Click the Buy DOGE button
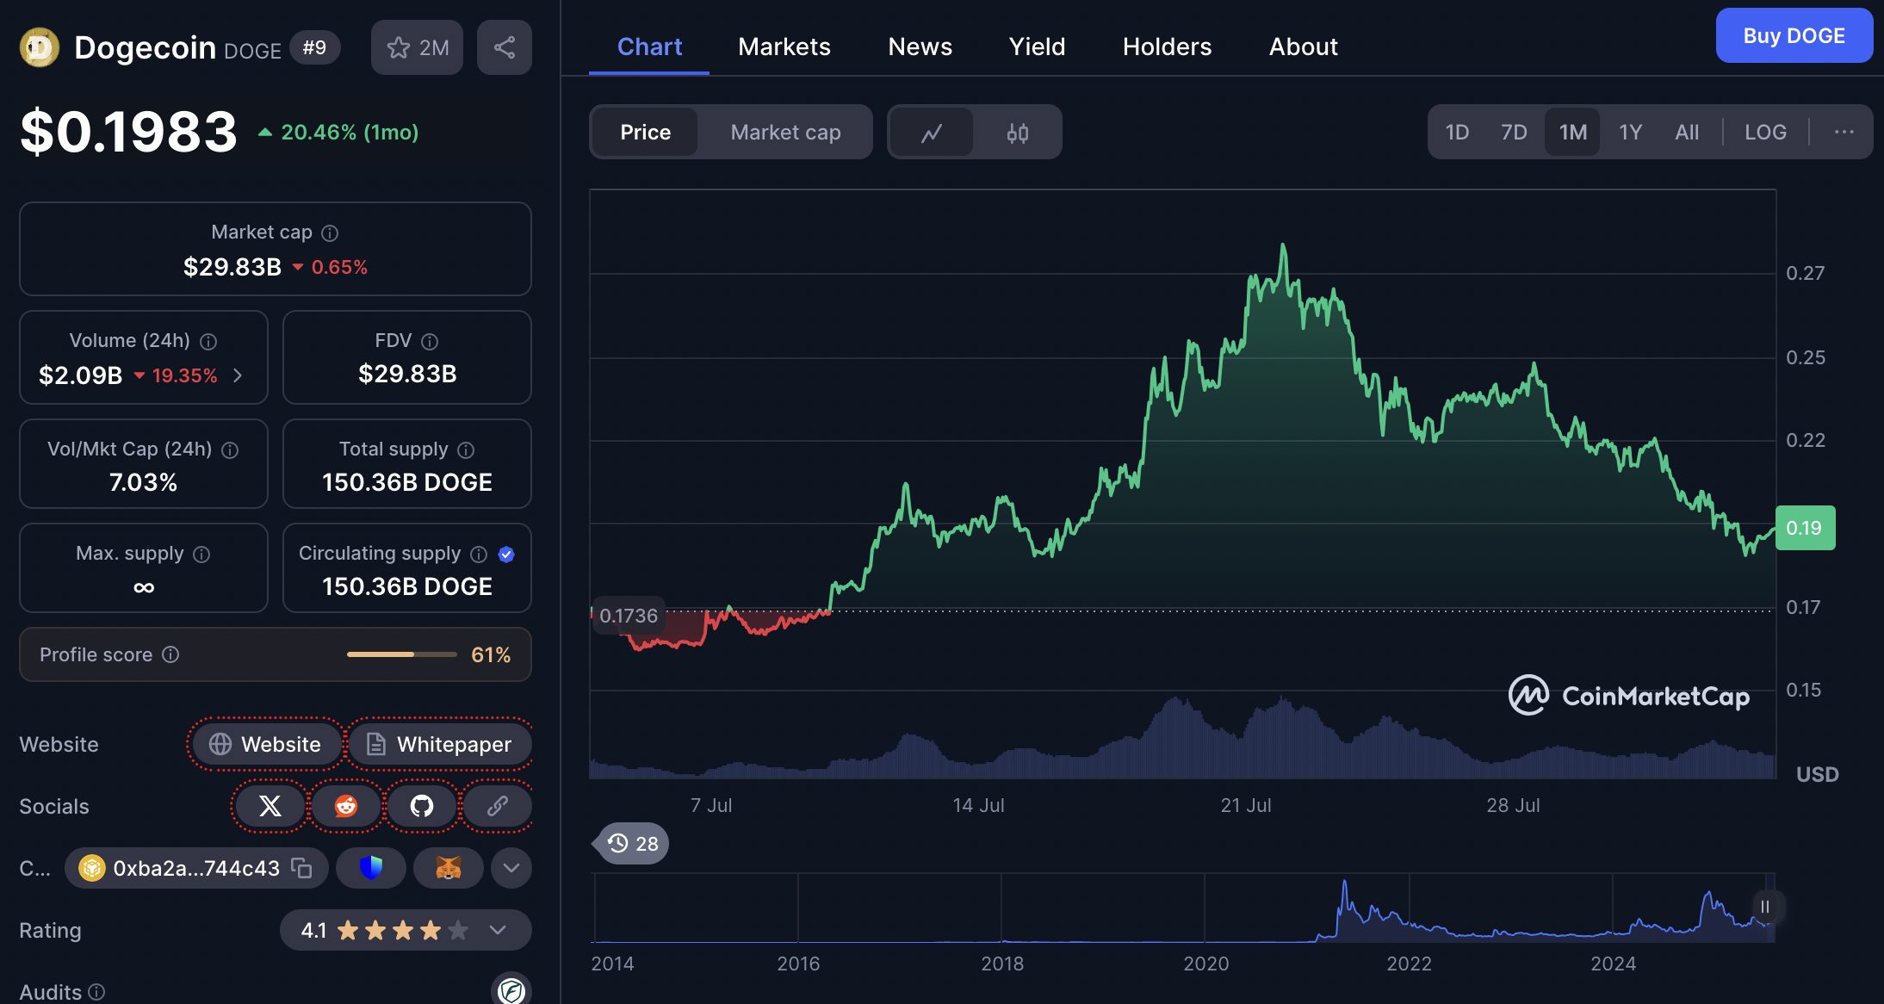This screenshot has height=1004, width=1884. (1794, 36)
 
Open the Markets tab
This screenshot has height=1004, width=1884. (784, 46)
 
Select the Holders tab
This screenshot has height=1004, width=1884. (1167, 46)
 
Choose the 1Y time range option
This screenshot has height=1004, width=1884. (1630, 132)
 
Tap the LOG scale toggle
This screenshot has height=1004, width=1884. (1765, 132)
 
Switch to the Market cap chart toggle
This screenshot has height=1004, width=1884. (785, 132)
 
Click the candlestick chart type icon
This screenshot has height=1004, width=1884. (1017, 133)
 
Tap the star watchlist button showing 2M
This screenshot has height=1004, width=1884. (418, 47)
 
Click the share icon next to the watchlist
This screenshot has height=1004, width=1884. (505, 47)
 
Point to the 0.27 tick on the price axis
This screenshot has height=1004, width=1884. (1805, 273)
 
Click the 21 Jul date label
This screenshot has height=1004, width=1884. (1245, 805)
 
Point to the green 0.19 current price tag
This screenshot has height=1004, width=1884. (1805, 528)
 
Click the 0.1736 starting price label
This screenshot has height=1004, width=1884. (628, 616)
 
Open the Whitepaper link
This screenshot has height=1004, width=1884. (439, 744)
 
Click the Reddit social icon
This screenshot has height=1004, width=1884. (346, 806)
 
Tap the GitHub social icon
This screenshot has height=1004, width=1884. (421, 806)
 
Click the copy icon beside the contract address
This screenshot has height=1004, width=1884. (301, 868)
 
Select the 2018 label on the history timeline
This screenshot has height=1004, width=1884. (1002, 964)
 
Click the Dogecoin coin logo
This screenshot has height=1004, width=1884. (39, 47)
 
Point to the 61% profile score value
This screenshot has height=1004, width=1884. (491, 654)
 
